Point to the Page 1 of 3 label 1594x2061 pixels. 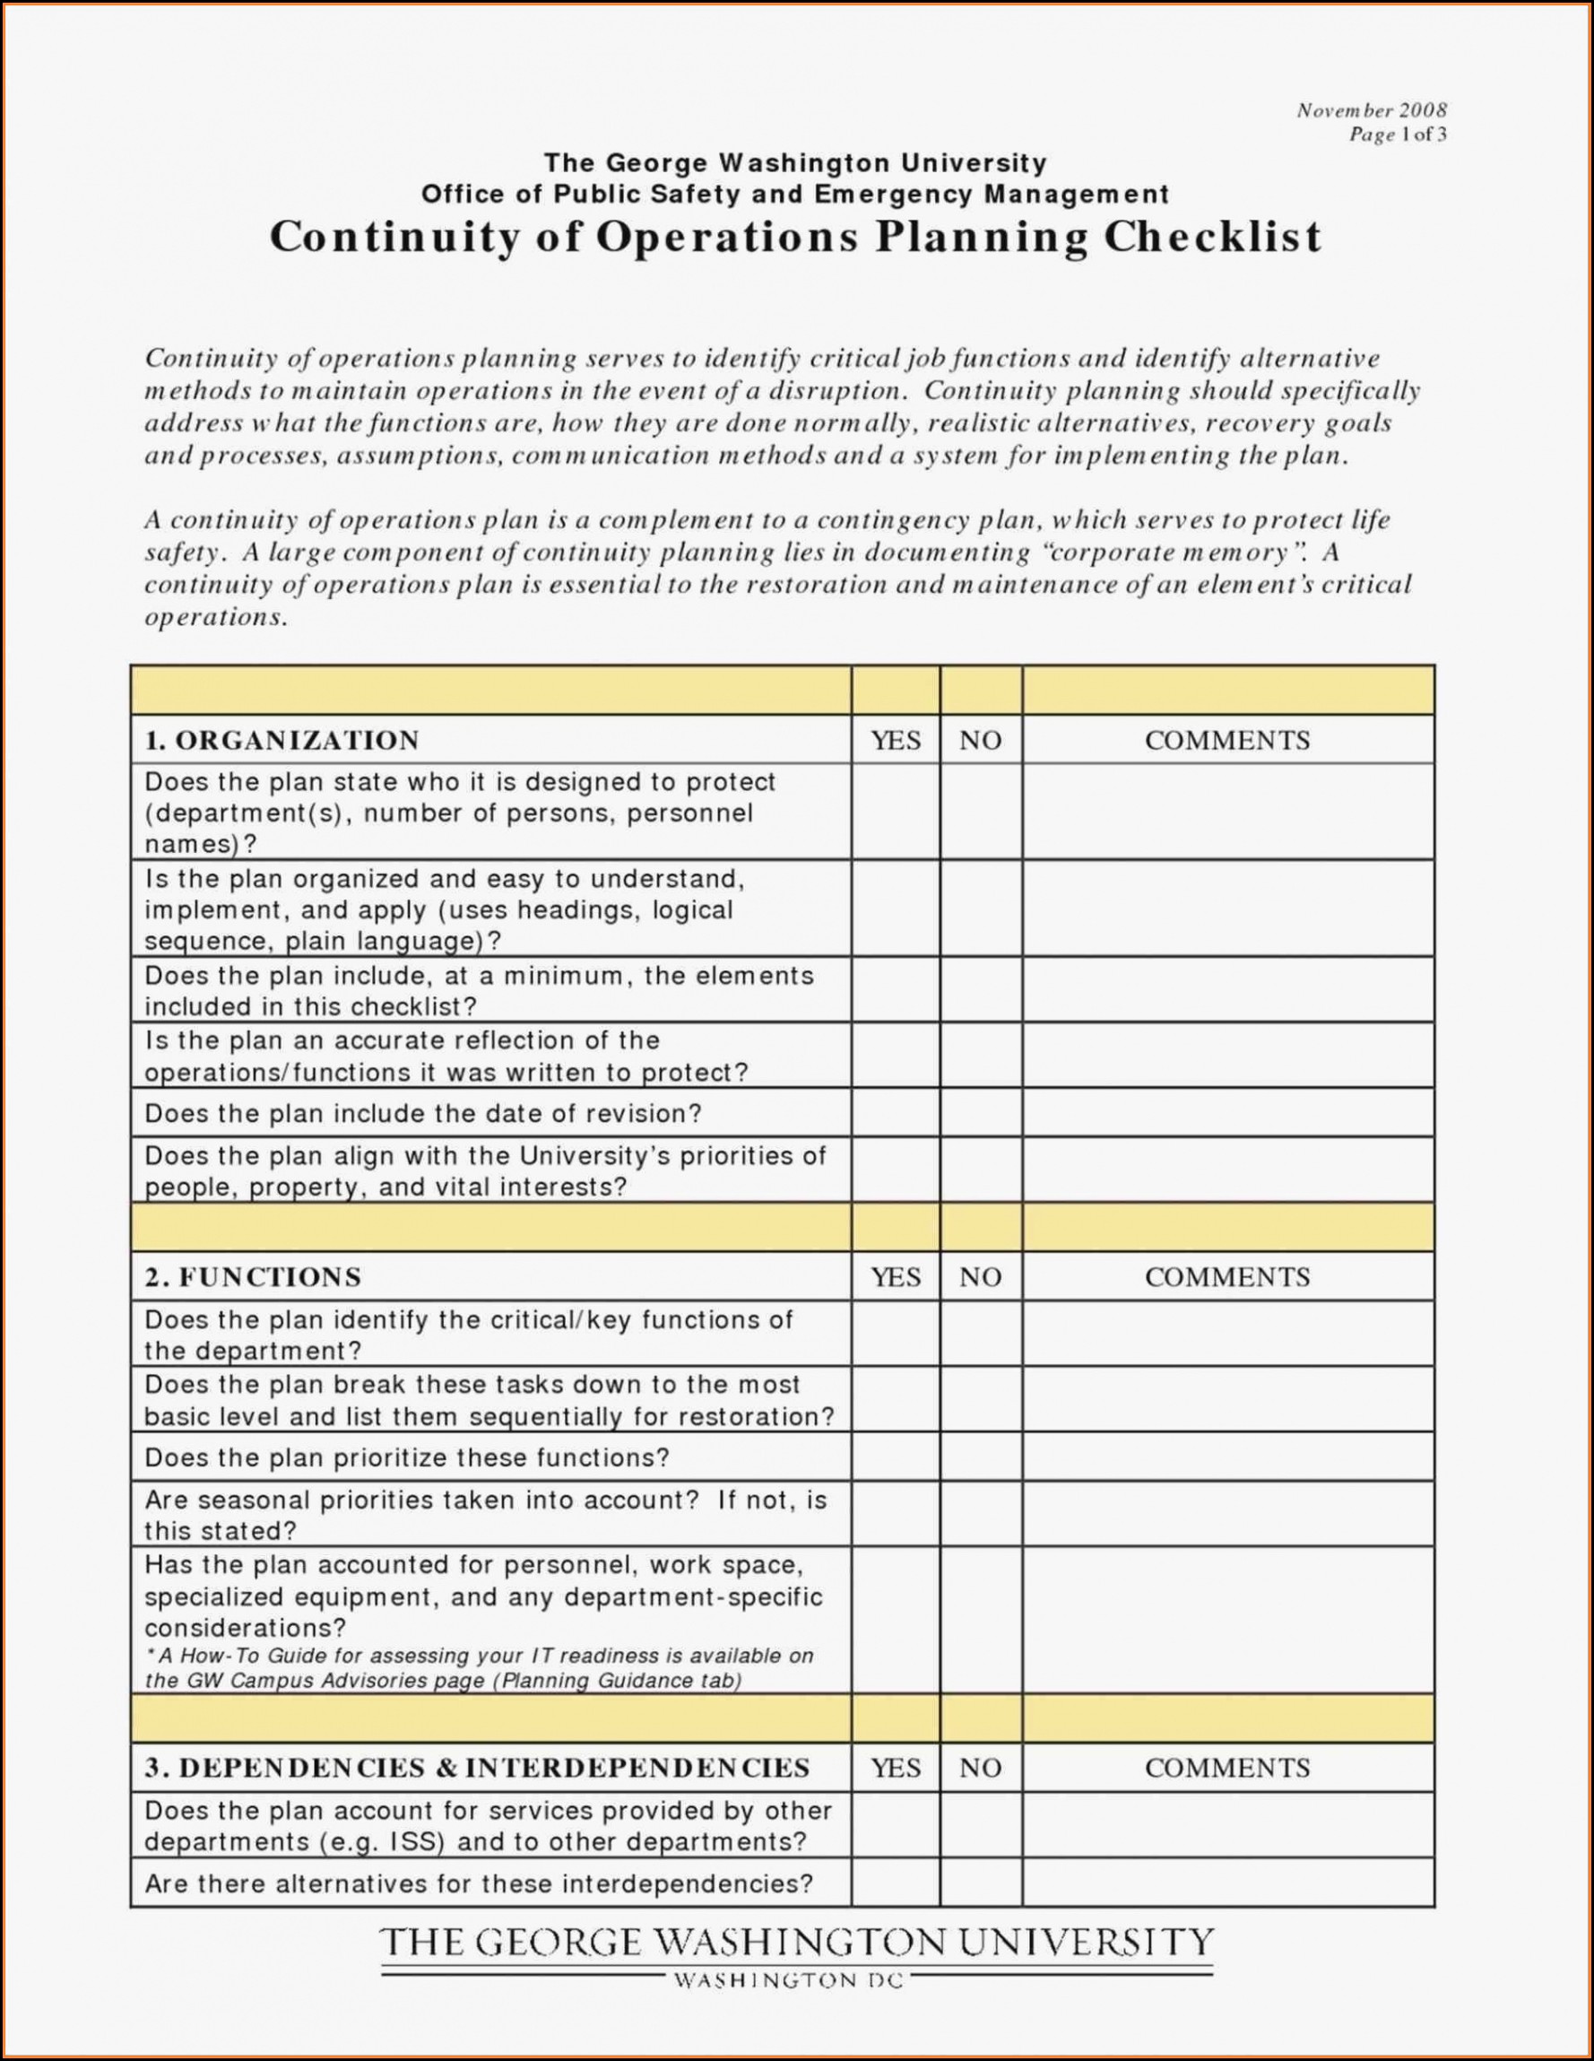(1397, 135)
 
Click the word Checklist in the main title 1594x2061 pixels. (1213, 237)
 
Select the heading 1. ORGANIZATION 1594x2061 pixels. (282, 741)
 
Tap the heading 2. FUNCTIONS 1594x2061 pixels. (253, 1278)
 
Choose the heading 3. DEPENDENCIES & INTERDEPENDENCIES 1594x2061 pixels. (477, 1769)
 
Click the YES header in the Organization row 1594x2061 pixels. (895, 741)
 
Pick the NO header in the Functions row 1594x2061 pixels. (980, 1278)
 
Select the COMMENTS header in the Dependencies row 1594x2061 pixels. (1227, 1769)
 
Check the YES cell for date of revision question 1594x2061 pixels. (895, 1114)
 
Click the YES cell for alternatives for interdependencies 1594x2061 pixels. (895, 1884)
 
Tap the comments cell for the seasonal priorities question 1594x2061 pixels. (1227, 1516)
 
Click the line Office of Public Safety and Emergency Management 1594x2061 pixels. (795, 196)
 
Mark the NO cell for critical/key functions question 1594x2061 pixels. (980, 1335)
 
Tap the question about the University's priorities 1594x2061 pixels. (485, 1171)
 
